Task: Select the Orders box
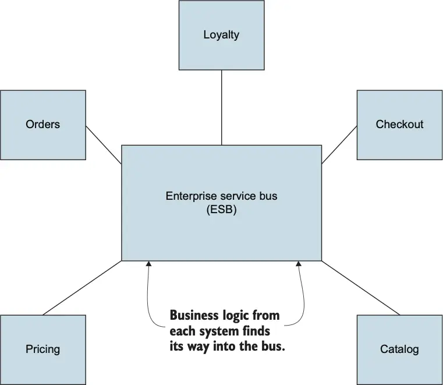[x=43, y=124]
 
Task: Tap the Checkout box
[x=399, y=124]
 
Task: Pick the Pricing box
[x=43, y=349]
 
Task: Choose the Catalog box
[x=399, y=349]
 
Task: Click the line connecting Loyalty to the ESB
[x=221, y=108]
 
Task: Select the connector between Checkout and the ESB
[x=339, y=144]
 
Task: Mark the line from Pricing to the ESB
[x=81, y=288]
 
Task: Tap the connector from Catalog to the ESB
[x=361, y=288]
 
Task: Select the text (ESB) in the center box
[x=221, y=210]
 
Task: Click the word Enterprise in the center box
[x=186, y=196]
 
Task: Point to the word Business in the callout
[x=192, y=316]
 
